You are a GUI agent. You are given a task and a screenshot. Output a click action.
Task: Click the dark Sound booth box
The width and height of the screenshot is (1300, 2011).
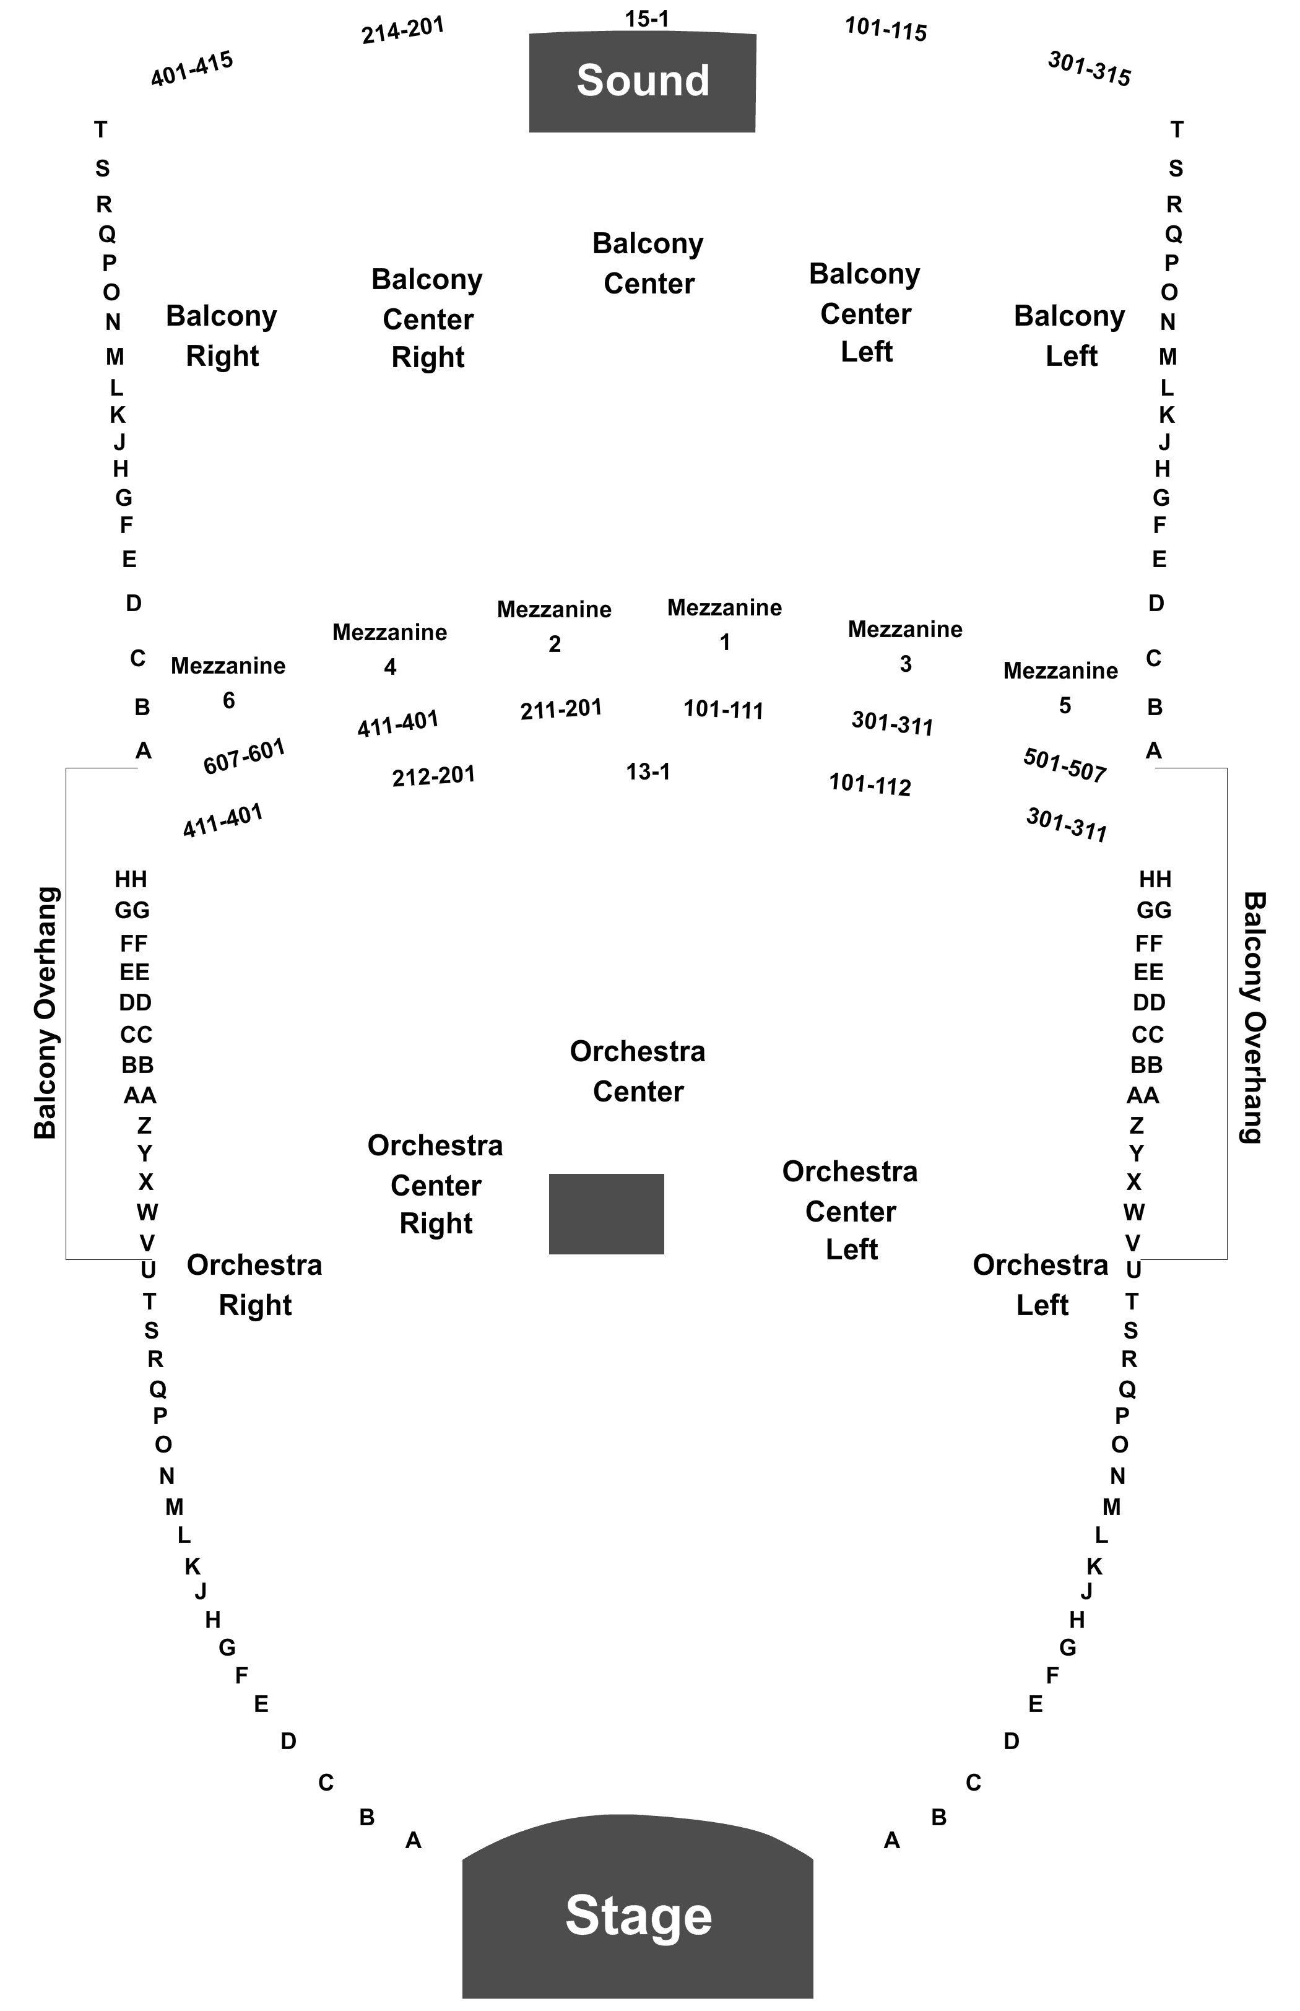[x=643, y=82]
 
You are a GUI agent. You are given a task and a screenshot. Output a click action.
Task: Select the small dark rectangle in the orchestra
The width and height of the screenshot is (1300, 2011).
[x=606, y=1213]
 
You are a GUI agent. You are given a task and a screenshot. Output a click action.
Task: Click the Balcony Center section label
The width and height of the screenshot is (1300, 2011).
[x=648, y=263]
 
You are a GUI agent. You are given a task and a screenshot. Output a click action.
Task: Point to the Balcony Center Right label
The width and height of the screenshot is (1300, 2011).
[x=427, y=318]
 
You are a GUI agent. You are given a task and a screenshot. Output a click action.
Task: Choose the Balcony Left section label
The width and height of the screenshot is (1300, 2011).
[x=1070, y=335]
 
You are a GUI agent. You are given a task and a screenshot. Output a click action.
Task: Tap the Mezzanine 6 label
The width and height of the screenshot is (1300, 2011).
[x=228, y=683]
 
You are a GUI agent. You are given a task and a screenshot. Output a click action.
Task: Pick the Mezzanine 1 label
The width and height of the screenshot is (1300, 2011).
[x=724, y=625]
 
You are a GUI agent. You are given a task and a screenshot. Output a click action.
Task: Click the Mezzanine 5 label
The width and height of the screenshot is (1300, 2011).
[x=1060, y=688]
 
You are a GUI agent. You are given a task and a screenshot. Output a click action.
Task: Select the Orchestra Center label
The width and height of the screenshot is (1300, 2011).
[x=638, y=1071]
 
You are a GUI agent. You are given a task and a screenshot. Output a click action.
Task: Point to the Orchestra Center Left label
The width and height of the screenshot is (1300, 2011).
[x=850, y=1210]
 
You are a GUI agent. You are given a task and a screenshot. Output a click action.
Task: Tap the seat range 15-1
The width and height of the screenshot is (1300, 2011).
[x=647, y=19]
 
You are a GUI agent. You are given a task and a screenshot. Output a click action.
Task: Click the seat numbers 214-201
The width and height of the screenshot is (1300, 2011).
[x=402, y=30]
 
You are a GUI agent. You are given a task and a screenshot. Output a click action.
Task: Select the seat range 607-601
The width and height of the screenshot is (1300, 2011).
[x=244, y=757]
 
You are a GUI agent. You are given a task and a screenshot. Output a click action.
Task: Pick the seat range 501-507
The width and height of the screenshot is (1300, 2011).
[x=1065, y=765]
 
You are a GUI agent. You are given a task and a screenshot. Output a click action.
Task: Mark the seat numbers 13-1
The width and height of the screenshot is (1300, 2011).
[x=648, y=771]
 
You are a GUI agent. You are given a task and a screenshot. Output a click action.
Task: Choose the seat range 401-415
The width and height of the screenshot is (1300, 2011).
[x=192, y=68]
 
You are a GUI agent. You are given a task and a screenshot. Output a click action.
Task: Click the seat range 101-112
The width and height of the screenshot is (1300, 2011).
[x=870, y=784]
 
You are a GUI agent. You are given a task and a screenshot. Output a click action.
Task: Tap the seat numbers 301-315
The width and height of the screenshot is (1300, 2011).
[x=1090, y=68]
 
